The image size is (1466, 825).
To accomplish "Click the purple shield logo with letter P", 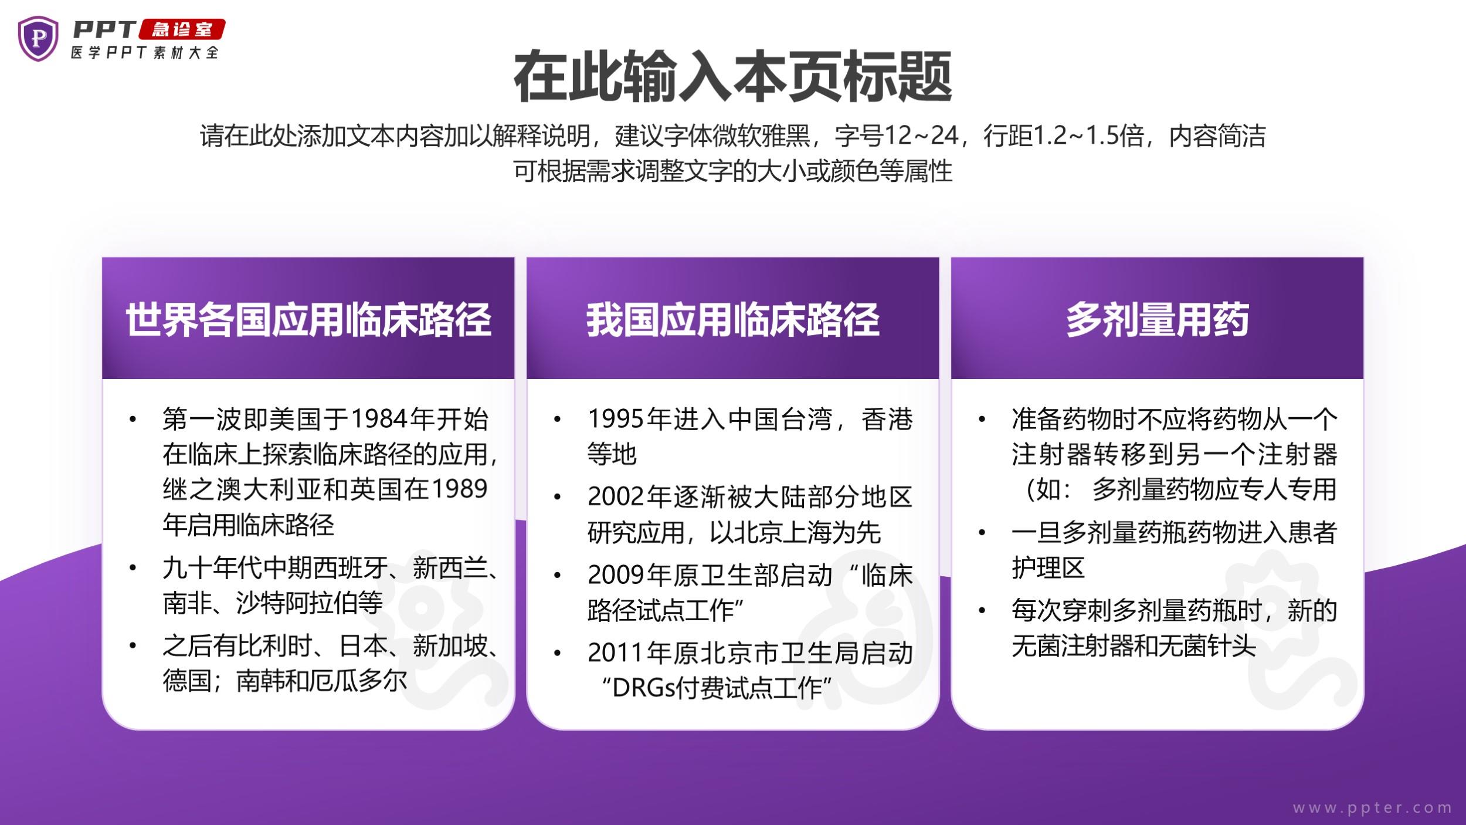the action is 38,38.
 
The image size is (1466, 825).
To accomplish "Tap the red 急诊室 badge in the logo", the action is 182,29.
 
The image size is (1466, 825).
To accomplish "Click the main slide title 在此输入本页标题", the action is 732,77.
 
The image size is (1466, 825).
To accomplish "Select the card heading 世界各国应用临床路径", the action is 308,320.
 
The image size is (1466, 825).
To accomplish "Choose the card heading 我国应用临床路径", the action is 733,320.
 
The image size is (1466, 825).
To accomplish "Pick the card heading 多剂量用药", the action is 1158,320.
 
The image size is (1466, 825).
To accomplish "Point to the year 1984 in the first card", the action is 379,419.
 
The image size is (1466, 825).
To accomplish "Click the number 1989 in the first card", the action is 459,489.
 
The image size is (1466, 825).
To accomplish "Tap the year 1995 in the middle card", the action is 616,419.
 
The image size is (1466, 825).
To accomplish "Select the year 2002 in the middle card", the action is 616,497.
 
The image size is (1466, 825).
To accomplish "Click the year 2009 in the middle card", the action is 616,575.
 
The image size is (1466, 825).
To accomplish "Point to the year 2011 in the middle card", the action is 616,653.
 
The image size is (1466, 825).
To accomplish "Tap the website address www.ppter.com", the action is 1372,808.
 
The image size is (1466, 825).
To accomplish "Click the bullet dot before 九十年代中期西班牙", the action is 133,568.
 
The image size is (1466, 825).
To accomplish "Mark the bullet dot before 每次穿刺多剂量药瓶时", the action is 982,611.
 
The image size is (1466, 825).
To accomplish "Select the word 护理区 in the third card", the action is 1048,567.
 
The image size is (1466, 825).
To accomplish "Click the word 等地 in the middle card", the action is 612,454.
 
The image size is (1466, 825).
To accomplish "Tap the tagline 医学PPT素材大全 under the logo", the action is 145,52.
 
